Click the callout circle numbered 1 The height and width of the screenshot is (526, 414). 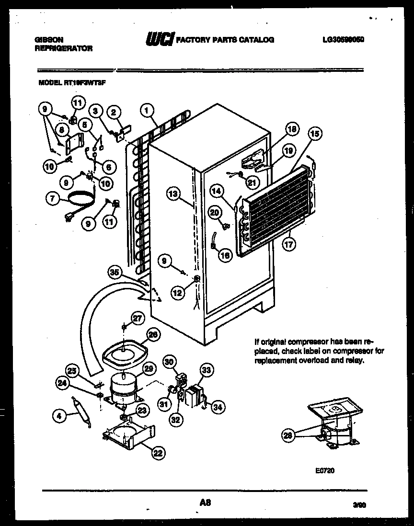tap(147, 110)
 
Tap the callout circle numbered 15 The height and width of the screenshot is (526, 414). tap(314, 134)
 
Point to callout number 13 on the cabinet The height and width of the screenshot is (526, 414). tap(174, 194)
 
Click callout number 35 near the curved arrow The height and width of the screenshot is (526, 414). tap(114, 273)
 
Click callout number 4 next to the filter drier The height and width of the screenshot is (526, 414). tap(59, 416)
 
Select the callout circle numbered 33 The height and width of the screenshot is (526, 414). tap(206, 370)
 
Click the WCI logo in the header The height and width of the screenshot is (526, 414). tap(159, 40)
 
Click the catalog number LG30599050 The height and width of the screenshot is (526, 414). tap(344, 40)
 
